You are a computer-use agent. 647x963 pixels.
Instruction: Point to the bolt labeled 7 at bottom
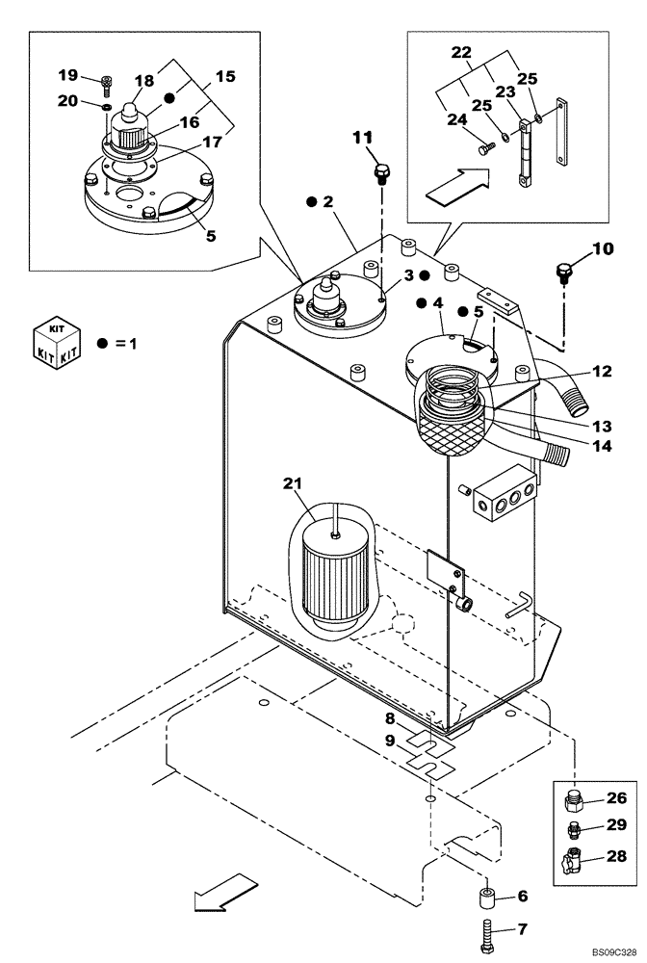pyautogui.click(x=486, y=933)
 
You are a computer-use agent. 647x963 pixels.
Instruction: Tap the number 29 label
pyautogui.click(x=616, y=825)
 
